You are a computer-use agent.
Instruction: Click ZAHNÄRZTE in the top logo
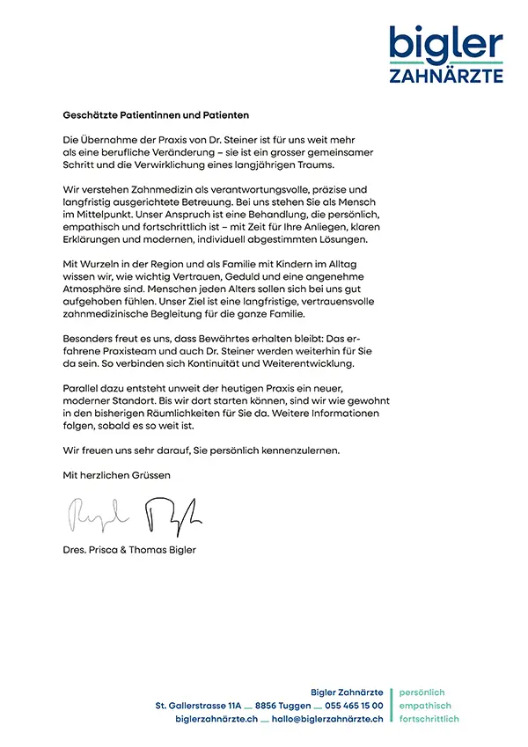(x=446, y=76)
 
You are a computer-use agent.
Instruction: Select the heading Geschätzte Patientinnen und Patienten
(x=157, y=115)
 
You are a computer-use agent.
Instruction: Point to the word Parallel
(x=83, y=388)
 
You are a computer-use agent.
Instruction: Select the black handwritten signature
(x=172, y=513)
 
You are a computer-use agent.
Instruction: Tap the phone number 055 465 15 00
(x=354, y=706)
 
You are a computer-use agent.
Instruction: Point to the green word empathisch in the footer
(x=425, y=706)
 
